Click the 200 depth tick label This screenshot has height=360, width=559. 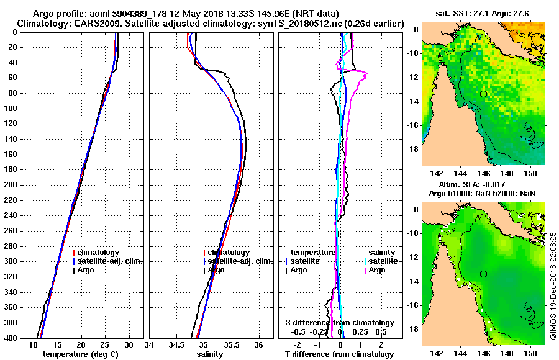(11, 185)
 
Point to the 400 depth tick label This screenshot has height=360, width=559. (11, 338)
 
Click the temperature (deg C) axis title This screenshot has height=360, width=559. (80, 354)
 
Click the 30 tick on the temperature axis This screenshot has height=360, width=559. (129, 344)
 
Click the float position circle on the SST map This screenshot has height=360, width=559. (483, 94)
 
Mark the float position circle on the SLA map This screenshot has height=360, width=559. (483, 274)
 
